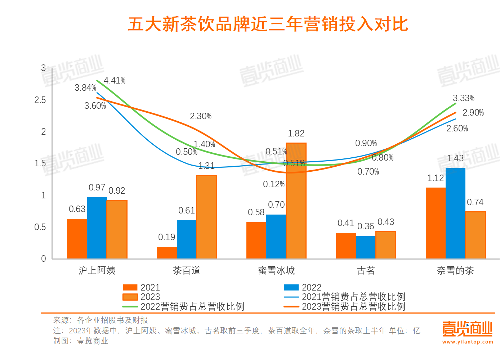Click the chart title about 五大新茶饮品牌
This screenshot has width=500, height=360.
(268, 24)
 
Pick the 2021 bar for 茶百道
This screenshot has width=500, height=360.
(167, 253)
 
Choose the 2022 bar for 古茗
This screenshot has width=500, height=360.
(366, 247)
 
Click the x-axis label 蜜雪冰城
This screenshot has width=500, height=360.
(276, 271)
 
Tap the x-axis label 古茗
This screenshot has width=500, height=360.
(366, 271)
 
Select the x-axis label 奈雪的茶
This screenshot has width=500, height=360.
(455, 271)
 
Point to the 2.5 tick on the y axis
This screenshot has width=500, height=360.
(40, 100)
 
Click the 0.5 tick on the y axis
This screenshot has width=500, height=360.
(40, 227)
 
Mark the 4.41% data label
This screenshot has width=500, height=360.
(115, 81)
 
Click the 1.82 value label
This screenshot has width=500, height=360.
(296, 134)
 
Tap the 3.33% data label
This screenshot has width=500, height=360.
(464, 98)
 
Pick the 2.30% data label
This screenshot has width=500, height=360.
(201, 116)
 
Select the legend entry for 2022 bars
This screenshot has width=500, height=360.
(303, 287)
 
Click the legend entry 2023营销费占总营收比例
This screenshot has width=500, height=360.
(345, 306)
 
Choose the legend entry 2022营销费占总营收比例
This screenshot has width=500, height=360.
(184, 306)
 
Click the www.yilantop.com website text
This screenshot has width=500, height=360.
(467, 342)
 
